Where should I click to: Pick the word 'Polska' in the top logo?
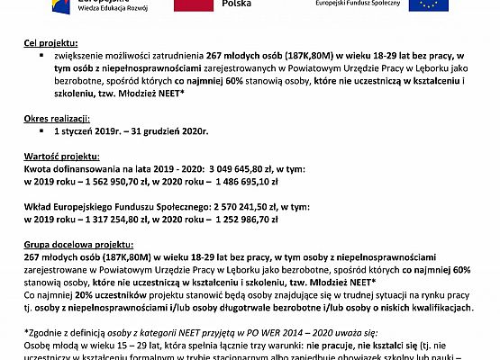[x=241, y=4]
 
